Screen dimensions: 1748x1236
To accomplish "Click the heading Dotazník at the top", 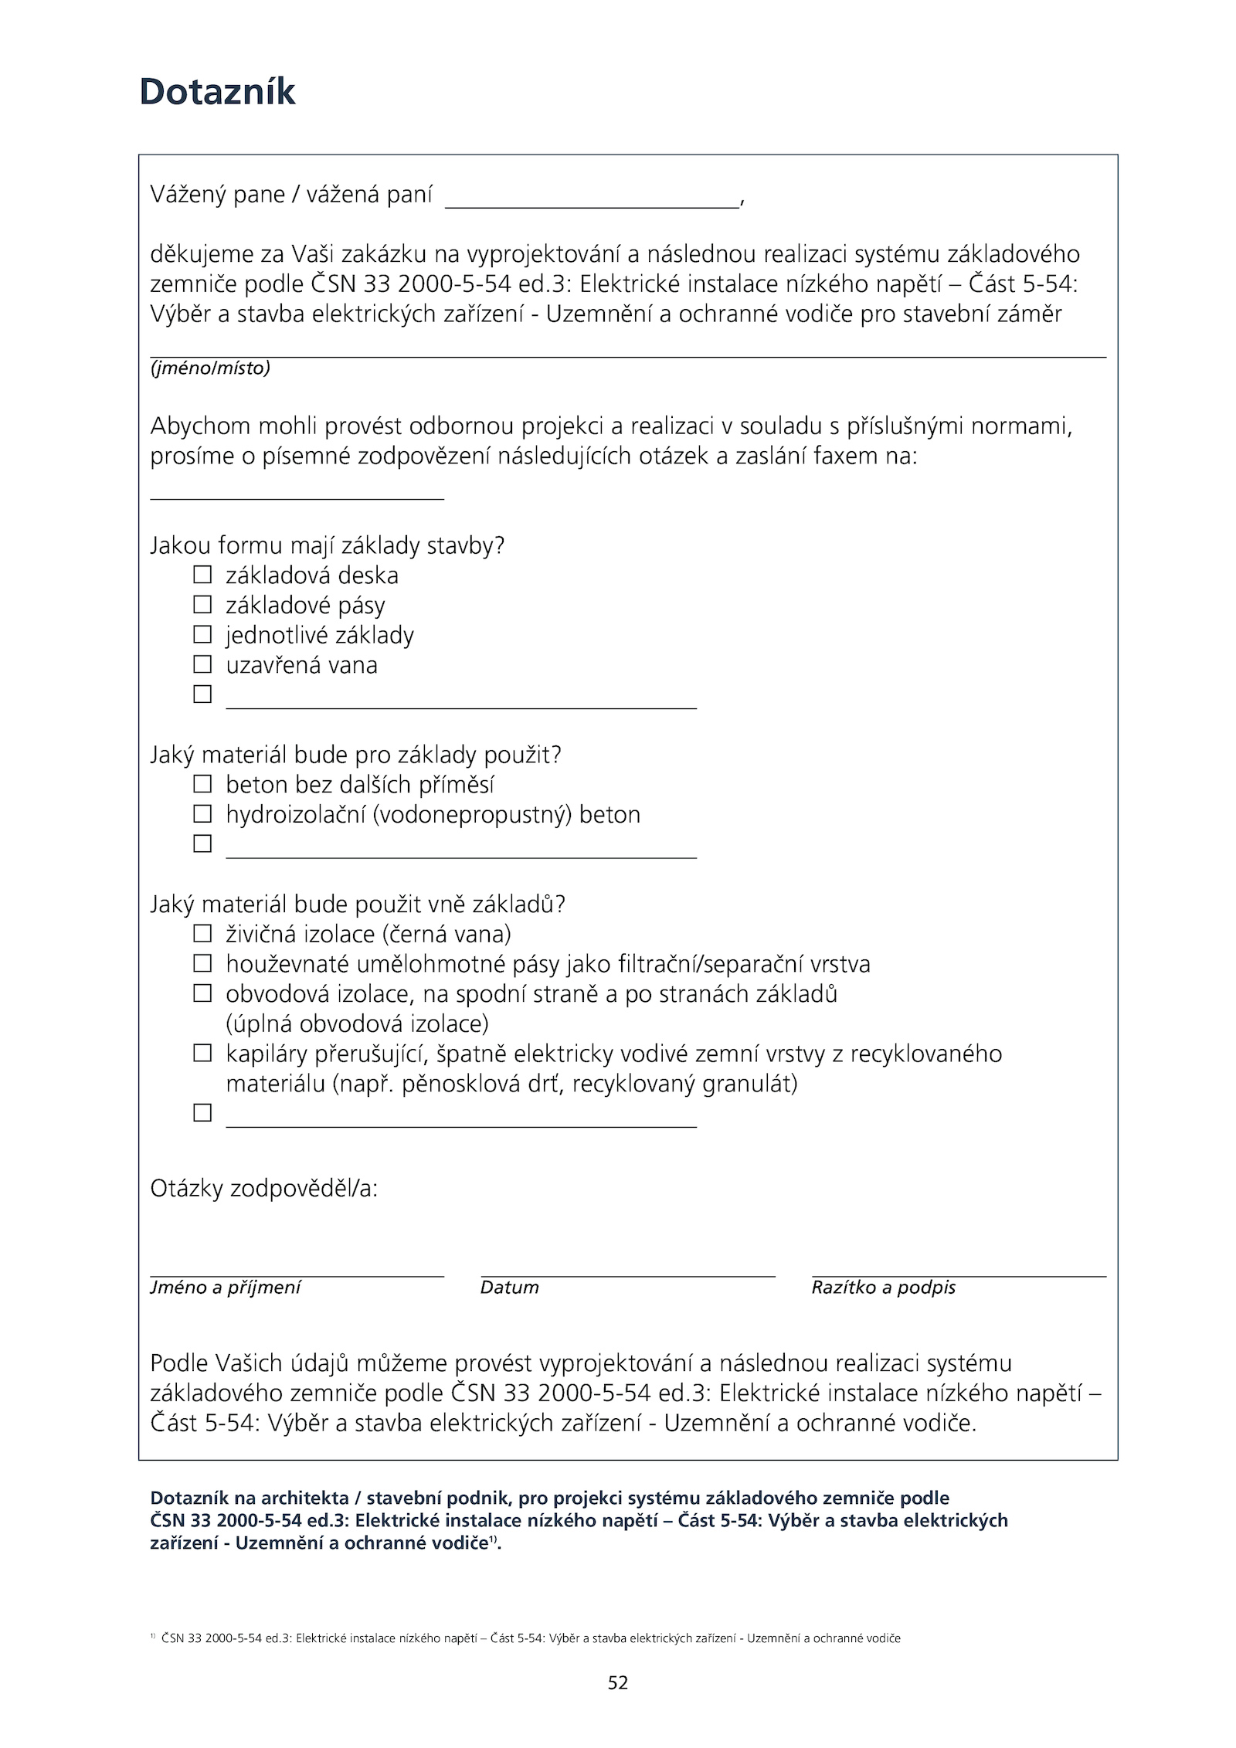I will coord(217,92).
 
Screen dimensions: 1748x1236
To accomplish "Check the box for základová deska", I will coord(202,575).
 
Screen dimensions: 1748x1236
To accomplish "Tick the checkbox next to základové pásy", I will coord(202,604).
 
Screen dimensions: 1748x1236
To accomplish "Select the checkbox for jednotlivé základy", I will coord(202,634).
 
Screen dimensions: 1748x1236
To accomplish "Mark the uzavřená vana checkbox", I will coord(202,664).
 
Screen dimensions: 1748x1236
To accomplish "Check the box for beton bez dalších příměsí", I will coord(202,784).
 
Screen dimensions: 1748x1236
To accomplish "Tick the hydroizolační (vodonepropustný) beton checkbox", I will coord(202,814).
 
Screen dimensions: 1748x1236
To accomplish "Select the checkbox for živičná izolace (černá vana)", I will coord(202,934).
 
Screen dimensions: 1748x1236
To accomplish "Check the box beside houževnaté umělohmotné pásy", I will coord(202,963).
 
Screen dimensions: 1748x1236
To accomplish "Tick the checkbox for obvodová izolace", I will coord(202,993).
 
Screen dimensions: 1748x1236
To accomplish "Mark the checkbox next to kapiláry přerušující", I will coord(202,1053).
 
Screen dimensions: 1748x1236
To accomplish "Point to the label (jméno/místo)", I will coord(210,368).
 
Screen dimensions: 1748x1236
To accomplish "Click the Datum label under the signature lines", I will coord(509,1288).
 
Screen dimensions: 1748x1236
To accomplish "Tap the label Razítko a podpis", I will coord(883,1288).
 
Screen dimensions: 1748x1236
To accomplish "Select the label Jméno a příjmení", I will coord(225,1288).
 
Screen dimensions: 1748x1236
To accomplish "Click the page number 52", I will coord(618,1682).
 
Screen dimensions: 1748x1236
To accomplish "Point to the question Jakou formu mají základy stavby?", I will coord(327,545).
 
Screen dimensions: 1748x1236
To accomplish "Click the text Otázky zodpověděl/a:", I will coord(263,1188).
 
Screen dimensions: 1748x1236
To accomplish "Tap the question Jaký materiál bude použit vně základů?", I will coord(357,904).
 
